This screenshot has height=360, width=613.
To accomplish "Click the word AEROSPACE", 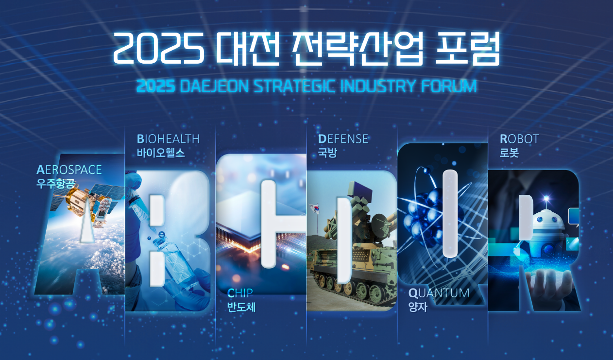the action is (x=69, y=170).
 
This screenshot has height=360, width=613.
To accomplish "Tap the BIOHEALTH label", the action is (x=168, y=139).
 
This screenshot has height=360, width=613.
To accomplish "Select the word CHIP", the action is (x=240, y=293).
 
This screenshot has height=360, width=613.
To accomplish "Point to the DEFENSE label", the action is (x=343, y=139).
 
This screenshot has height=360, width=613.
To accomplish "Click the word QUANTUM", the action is (x=439, y=293).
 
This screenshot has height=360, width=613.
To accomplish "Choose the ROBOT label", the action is (x=519, y=139).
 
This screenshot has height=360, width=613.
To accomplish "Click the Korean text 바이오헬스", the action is (x=161, y=153).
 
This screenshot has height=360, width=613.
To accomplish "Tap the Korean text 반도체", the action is (x=241, y=307).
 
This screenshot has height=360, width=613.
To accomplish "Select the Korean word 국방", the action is (x=327, y=153).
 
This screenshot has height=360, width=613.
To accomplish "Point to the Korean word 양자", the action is (x=418, y=307).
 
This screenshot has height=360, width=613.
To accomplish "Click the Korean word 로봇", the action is (x=509, y=153).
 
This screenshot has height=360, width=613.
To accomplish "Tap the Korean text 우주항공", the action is (x=55, y=184).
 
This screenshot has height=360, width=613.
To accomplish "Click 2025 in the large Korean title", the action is (x=159, y=48).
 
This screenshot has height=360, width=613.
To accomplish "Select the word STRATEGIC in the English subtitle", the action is (x=294, y=86).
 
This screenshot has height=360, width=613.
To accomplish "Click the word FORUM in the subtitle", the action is (x=449, y=86).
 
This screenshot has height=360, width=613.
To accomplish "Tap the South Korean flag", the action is (x=314, y=208).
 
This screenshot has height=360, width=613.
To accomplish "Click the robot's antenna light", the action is (x=546, y=198).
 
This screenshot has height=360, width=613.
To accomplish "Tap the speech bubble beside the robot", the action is (x=574, y=216).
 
